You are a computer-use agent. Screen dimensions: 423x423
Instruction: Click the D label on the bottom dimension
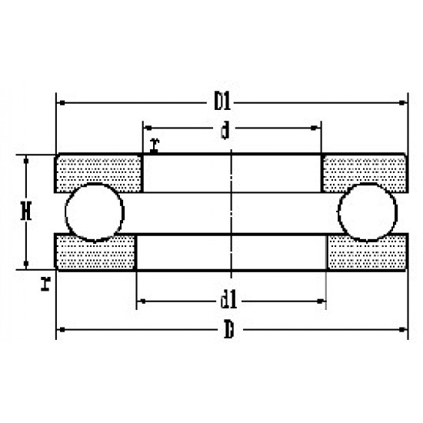[228, 332]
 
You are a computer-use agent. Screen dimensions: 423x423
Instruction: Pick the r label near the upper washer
[155, 144]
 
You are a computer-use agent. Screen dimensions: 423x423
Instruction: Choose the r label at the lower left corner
[46, 284]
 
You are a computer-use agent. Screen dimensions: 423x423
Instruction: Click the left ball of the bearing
[94, 212]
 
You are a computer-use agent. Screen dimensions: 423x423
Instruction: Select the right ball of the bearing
[368, 212]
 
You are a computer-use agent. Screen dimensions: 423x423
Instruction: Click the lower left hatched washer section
[96, 252]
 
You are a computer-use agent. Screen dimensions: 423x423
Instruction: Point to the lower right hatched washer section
[366, 252]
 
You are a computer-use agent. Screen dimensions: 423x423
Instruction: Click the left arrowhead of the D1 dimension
[62, 102]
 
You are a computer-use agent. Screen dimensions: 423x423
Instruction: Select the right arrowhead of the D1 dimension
[401, 102]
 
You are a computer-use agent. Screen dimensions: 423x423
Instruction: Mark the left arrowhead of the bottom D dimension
[62, 331]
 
